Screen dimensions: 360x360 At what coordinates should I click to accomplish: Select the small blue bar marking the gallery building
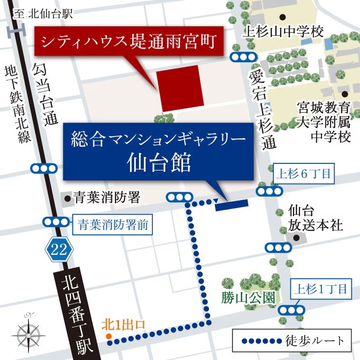pyautogui.click(x=232, y=205)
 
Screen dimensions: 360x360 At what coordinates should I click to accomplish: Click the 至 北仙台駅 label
pyautogui.click(x=43, y=13)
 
